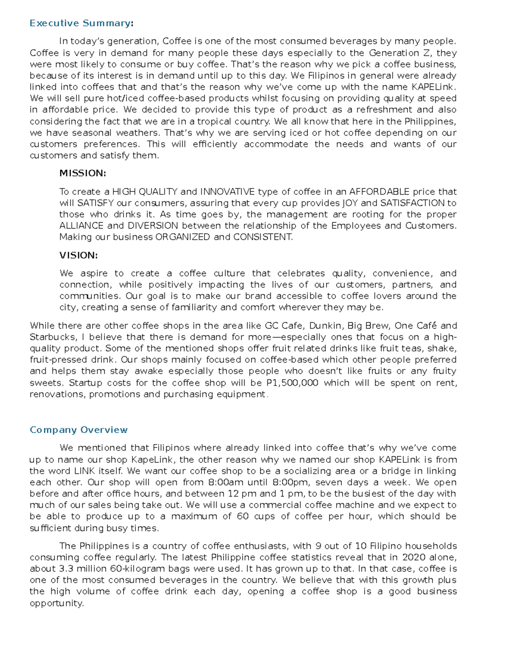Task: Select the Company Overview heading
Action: pyautogui.click(x=78, y=430)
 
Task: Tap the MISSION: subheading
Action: pyautogui.click(x=83, y=173)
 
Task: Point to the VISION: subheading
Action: pyautogui.click(x=78, y=255)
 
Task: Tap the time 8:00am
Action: pyautogui.click(x=226, y=482)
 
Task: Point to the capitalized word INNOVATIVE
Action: pyautogui.click(x=227, y=192)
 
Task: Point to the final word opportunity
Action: pyautogui.click(x=57, y=604)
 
